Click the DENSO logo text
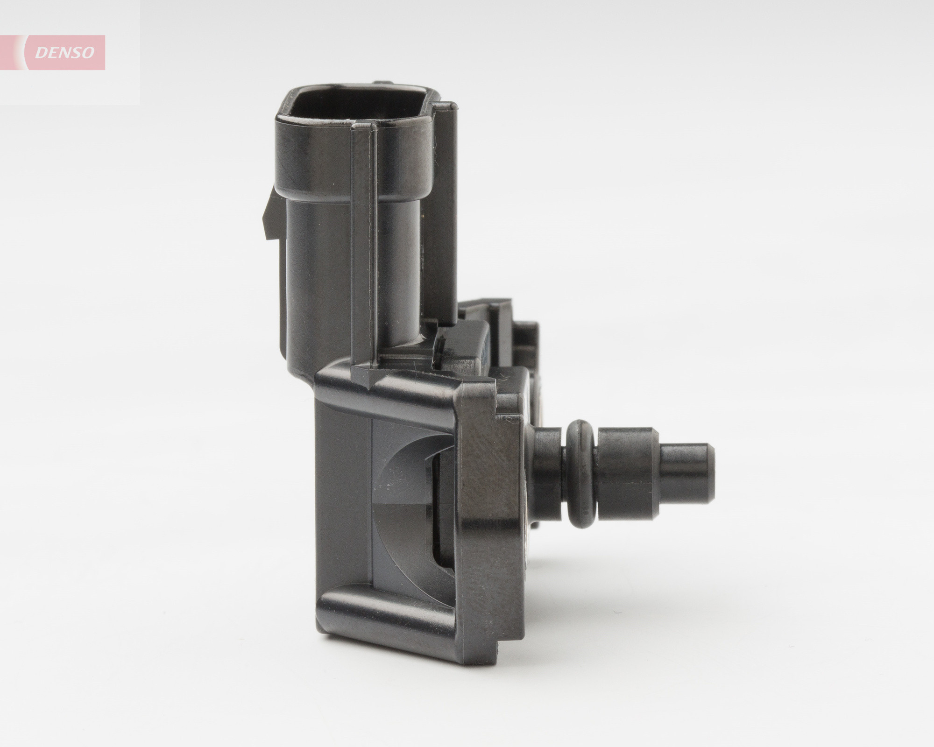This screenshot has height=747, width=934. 65,53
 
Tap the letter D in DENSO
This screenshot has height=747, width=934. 41,53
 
